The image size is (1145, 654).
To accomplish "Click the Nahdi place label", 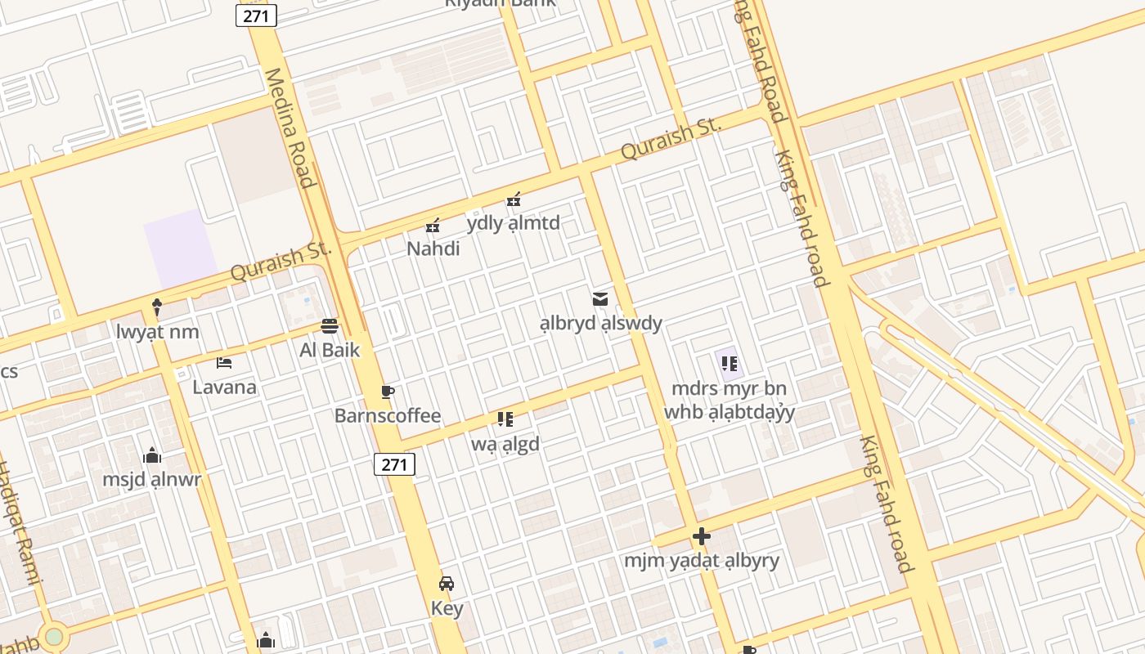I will click(433, 249).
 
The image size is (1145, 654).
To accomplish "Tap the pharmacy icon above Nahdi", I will click(433, 225).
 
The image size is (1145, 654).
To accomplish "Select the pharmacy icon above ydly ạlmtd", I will click(514, 199).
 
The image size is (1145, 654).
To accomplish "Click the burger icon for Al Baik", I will click(330, 326).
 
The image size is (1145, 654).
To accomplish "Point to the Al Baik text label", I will click(330, 350).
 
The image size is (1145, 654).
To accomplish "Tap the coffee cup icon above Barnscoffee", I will click(388, 392).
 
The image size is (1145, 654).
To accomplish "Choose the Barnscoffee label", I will click(388, 416).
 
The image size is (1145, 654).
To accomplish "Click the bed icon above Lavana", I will click(224, 363).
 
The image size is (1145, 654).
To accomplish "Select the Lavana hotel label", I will click(224, 387).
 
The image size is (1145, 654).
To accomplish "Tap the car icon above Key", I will click(447, 584).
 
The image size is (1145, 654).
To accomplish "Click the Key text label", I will click(447, 608).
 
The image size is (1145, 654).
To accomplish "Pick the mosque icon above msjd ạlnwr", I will click(152, 455).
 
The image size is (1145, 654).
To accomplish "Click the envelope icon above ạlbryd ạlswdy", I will click(600, 299).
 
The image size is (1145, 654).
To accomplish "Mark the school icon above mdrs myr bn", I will click(729, 363).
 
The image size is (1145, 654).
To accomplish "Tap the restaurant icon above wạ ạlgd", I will click(505, 419).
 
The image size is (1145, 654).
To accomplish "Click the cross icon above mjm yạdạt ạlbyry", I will click(702, 536).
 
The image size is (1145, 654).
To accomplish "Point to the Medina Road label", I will click(290, 128).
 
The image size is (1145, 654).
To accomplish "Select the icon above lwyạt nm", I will click(157, 307).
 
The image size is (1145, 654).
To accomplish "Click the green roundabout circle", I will click(54, 636).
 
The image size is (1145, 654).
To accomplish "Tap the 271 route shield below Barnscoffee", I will click(394, 464).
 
